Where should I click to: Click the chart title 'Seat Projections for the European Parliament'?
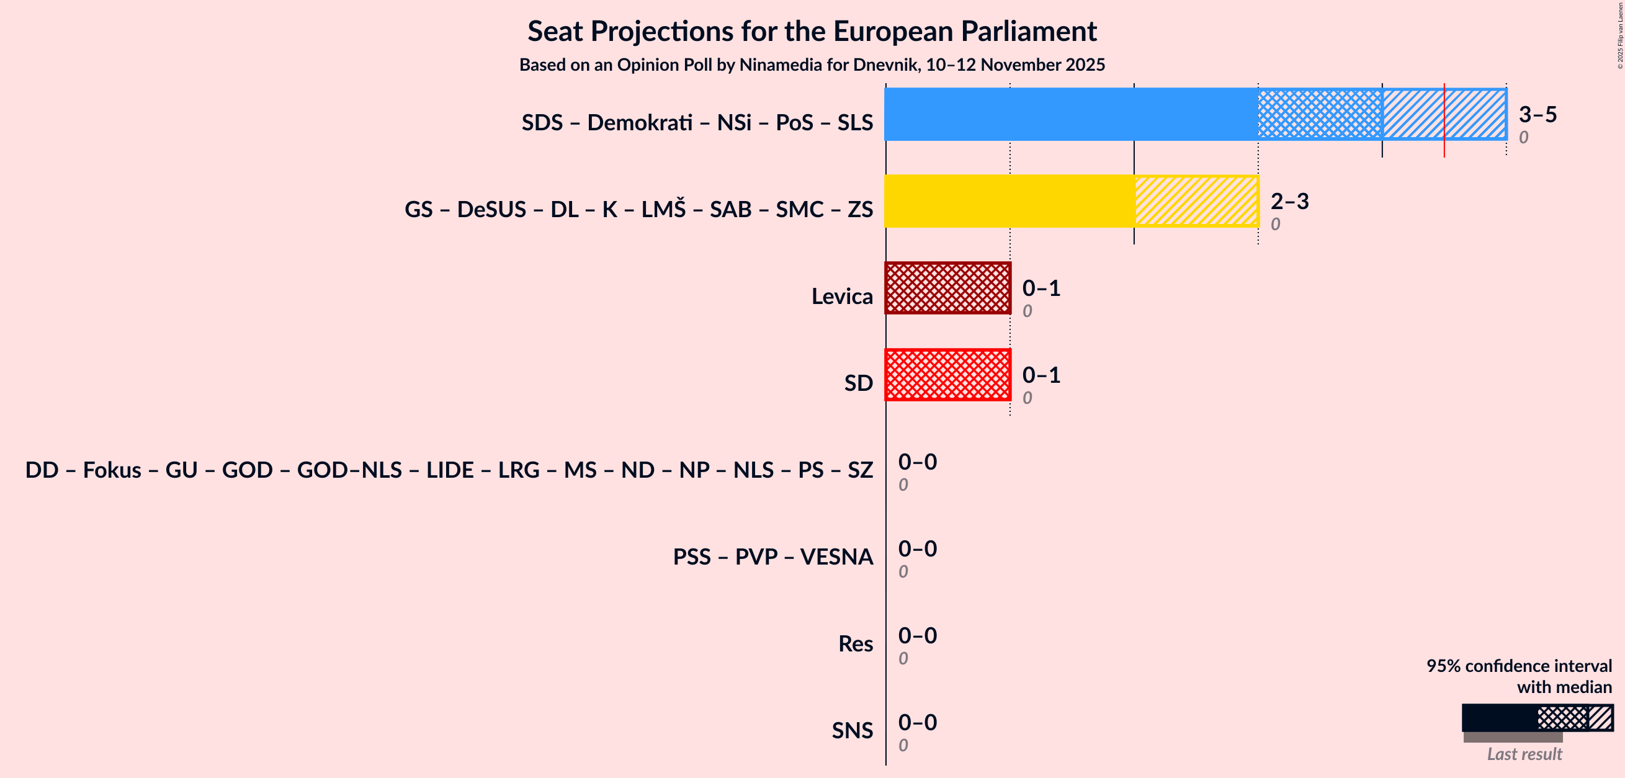click(x=812, y=32)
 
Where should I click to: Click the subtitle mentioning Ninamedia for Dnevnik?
click(x=812, y=65)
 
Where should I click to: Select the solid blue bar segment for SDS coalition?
click(x=1070, y=114)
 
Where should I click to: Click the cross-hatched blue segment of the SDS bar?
click(x=1320, y=114)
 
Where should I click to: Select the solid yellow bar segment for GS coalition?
click(x=1009, y=201)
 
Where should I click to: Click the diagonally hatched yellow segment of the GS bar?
click(x=1196, y=201)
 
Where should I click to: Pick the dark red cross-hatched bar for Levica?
click(x=947, y=288)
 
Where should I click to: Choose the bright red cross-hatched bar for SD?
click(x=947, y=375)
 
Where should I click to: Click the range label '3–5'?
click(x=1538, y=114)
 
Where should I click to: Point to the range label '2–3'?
click(x=1289, y=201)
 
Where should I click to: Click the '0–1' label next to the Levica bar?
click(x=1041, y=288)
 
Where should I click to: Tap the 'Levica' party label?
click(x=841, y=296)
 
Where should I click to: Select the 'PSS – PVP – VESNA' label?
click(x=772, y=557)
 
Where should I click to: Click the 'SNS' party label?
click(x=852, y=730)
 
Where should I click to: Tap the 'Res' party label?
click(x=855, y=643)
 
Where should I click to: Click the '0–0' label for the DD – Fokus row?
click(x=917, y=462)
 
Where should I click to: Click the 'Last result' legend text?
click(x=1524, y=754)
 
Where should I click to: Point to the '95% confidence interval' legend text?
click(x=1518, y=666)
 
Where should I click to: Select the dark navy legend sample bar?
click(x=1499, y=718)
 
